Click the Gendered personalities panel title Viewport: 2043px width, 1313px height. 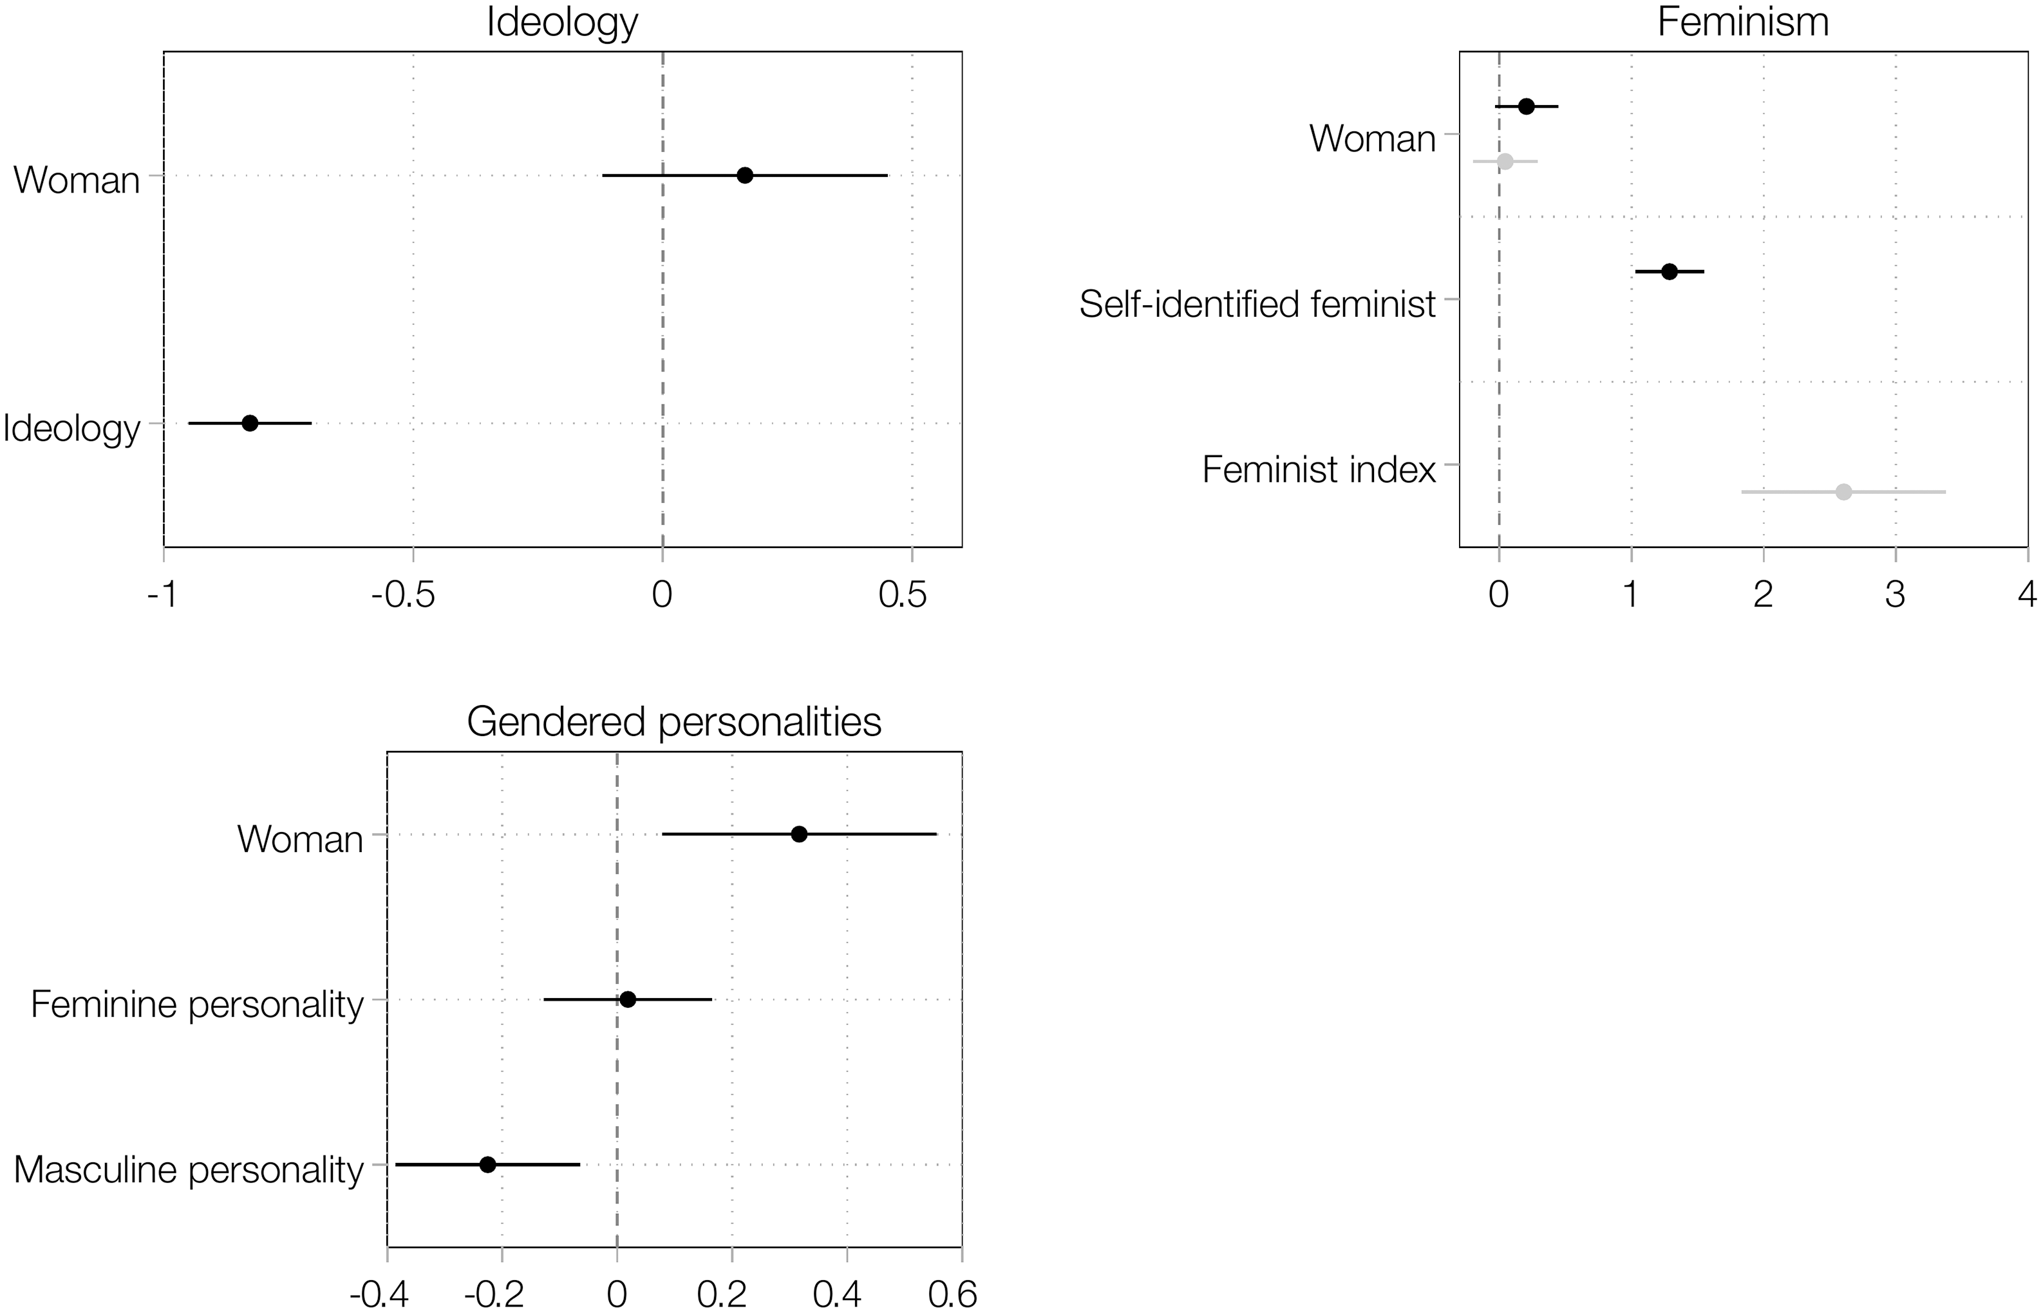[x=673, y=722]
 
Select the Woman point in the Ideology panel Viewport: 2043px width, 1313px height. [x=745, y=176]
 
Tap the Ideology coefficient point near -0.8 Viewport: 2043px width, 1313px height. [x=250, y=423]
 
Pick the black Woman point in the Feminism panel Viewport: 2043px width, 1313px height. [x=1527, y=107]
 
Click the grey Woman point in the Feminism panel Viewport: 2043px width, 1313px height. [x=1505, y=161]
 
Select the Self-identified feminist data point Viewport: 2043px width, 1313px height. [x=1670, y=272]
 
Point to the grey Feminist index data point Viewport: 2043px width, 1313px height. [x=1843, y=492]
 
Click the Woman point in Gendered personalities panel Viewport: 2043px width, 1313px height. [x=798, y=834]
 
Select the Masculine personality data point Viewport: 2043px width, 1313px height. [x=487, y=1165]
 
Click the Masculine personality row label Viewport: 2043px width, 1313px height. [x=189, y=1170]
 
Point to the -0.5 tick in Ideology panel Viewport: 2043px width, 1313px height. [x=403, y=594]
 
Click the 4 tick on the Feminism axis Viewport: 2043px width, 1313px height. [x=2027, y=594]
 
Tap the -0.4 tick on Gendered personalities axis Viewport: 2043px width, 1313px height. [x=379, y=1295]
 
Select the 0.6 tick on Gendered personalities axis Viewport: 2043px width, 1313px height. [x=952, y=1295]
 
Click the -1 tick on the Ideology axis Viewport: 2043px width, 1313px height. [x=162, y=594]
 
